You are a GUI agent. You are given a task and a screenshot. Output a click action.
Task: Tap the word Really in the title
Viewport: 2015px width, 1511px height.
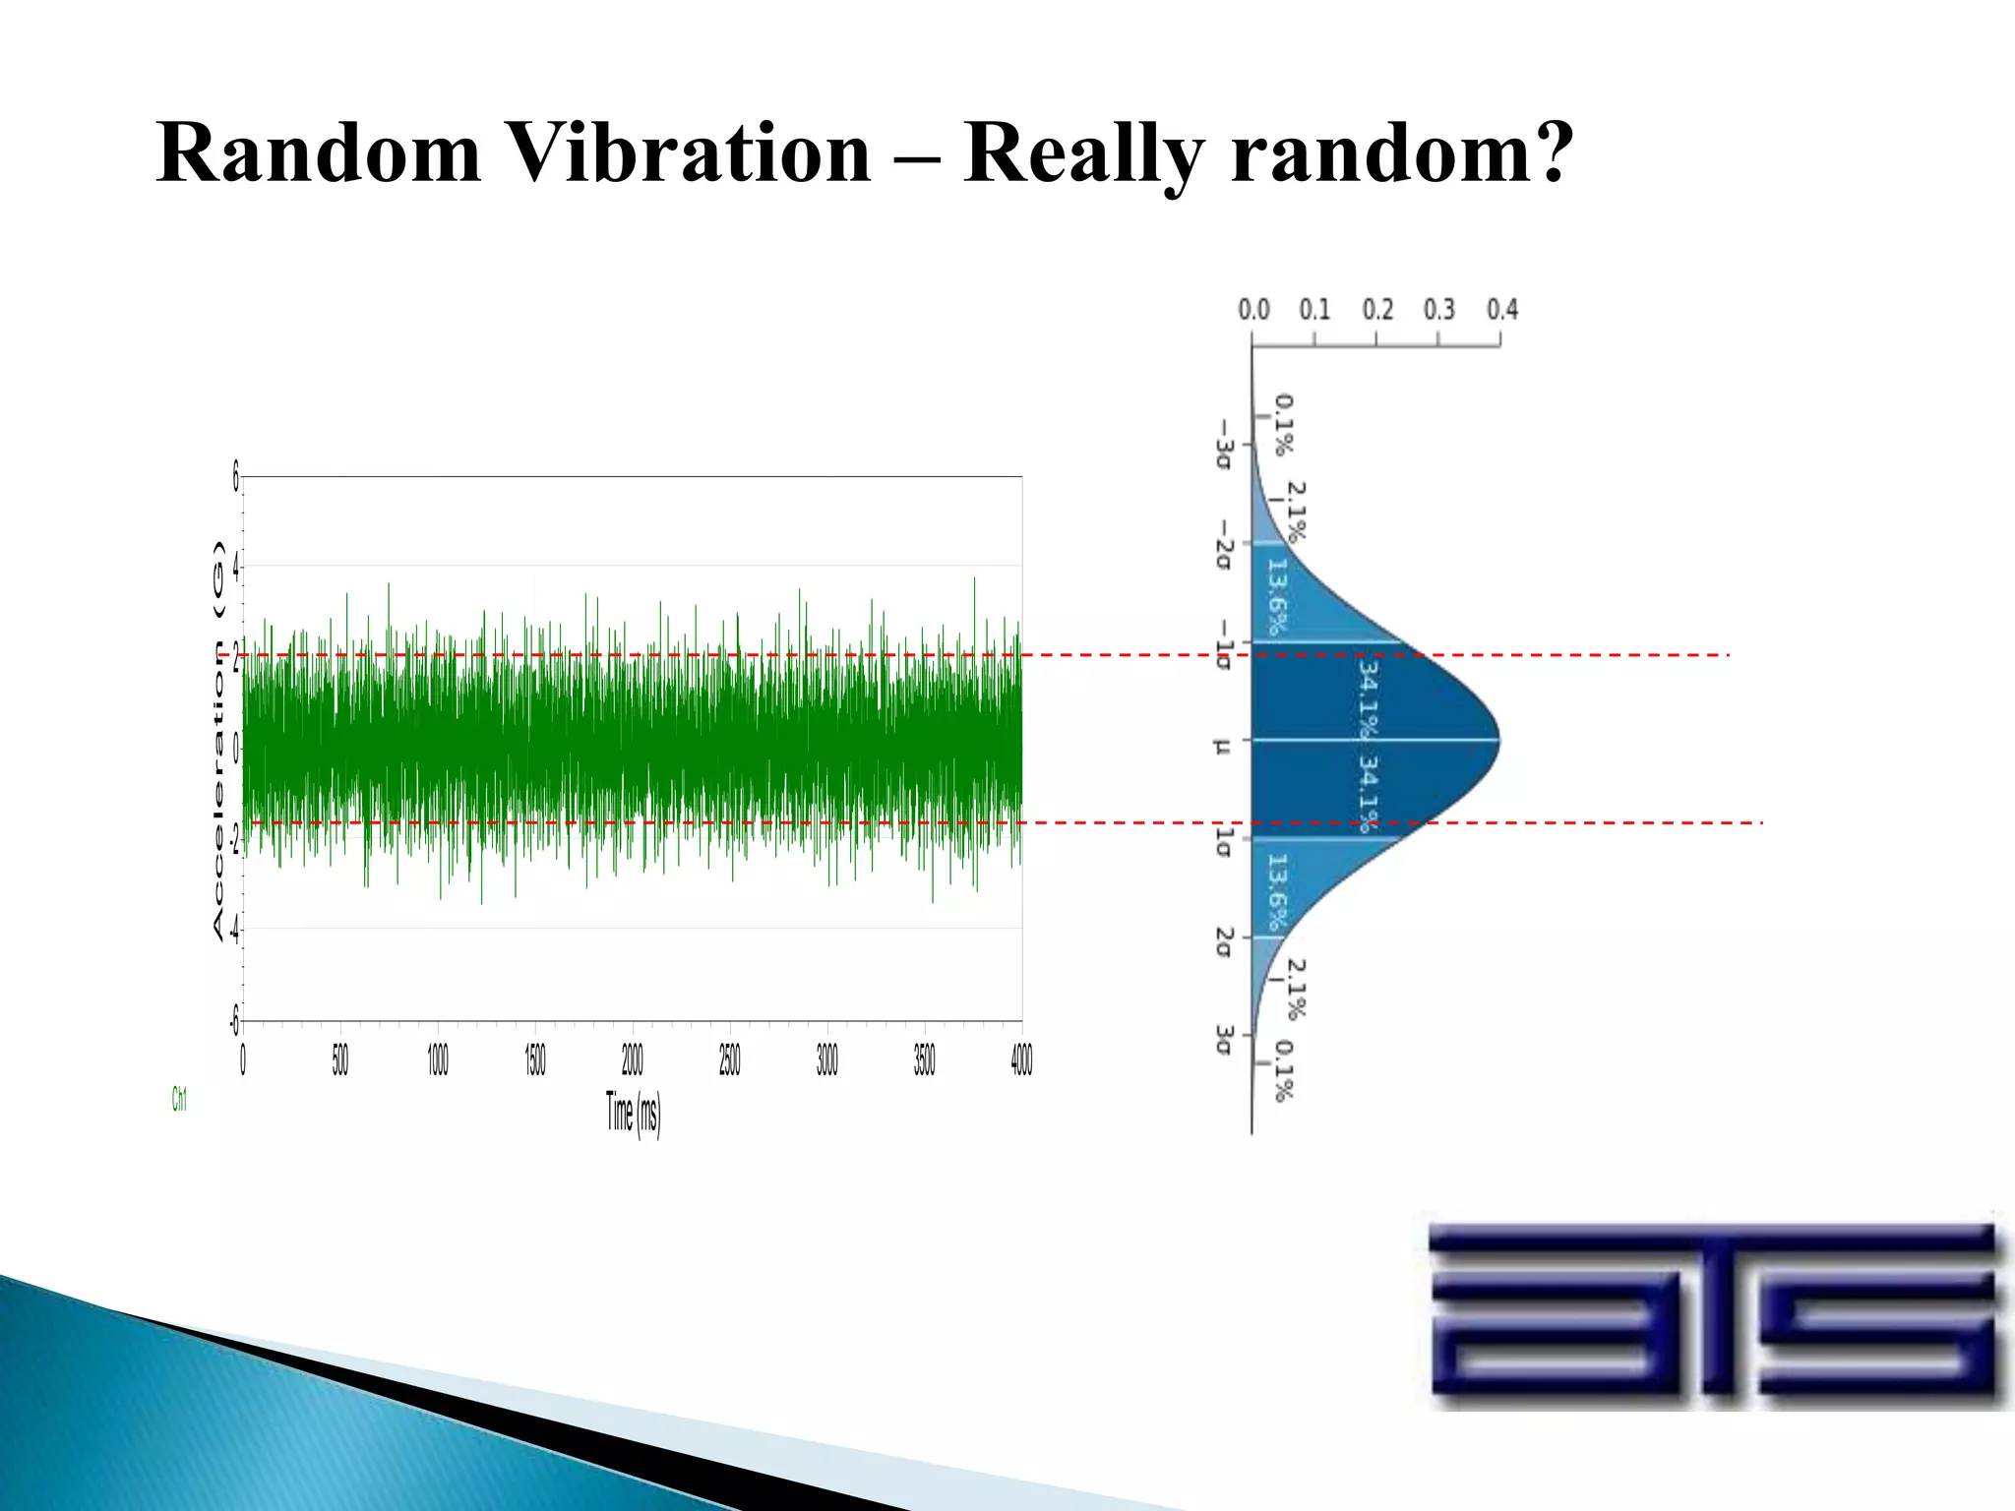1083,155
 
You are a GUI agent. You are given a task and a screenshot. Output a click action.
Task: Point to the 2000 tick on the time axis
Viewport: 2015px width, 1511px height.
632,1059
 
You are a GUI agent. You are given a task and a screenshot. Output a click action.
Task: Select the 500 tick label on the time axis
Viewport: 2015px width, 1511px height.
339,1059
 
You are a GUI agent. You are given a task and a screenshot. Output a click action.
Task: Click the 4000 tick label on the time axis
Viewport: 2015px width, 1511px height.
1021,1059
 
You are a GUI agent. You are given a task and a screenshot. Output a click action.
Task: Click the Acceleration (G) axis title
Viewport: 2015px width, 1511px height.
218,739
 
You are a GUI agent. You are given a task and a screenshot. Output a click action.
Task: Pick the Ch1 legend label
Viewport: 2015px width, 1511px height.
179,1099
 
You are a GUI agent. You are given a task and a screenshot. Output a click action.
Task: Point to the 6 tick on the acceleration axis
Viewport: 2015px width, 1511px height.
235,477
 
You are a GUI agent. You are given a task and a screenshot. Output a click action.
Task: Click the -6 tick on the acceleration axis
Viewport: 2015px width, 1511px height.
234,1021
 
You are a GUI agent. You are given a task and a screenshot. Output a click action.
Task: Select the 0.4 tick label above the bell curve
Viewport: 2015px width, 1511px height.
1501,310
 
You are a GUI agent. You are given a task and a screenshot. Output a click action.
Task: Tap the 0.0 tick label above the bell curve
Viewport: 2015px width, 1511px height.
1253,310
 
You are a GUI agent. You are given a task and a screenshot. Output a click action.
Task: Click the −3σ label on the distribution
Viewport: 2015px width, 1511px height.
1223,445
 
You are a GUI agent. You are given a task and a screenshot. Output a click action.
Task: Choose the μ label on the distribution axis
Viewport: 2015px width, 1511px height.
1223,747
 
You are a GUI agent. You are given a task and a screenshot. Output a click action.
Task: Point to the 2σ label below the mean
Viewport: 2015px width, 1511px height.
1223,941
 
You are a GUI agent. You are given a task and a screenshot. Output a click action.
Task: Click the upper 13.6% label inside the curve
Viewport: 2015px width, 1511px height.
1276,597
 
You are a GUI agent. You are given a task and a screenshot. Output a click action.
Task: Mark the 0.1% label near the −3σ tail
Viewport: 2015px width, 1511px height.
1284,425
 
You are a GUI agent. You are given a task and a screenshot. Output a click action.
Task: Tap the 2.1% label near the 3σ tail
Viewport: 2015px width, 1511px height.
1297,989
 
